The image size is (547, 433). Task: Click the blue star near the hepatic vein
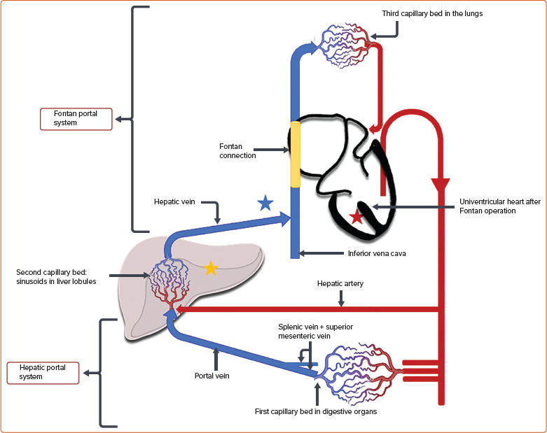(265, 204)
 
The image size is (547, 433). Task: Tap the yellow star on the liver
(210, 267)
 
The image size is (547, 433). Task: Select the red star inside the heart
(356, 217)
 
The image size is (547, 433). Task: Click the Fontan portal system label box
(76, 118)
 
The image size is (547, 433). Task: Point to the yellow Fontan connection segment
(296, 155)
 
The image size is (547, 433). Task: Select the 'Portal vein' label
(214, 375)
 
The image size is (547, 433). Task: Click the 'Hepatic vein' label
(174, 201)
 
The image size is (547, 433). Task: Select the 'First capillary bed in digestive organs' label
(316, 411)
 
